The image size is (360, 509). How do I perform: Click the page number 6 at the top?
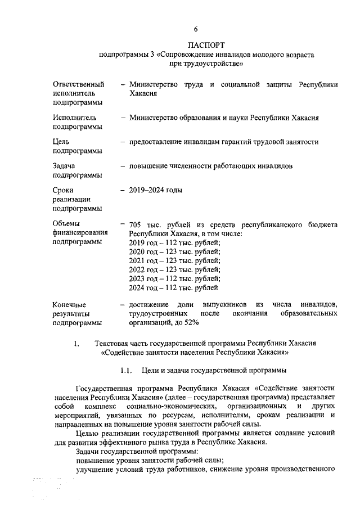pyautogui.click(x=196, y=29)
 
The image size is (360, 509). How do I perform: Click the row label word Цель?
pyautogui.click(x=61, y=142)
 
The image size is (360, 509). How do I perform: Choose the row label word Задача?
pyautogui.click(x=64, y=166)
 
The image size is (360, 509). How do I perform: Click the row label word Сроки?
pyautogui.click(x=64, y=191)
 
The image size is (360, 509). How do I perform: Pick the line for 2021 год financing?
pyautogui.click(x=174, y=260)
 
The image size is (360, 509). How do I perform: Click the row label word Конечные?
pyautogui.click(x=70, y=304)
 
